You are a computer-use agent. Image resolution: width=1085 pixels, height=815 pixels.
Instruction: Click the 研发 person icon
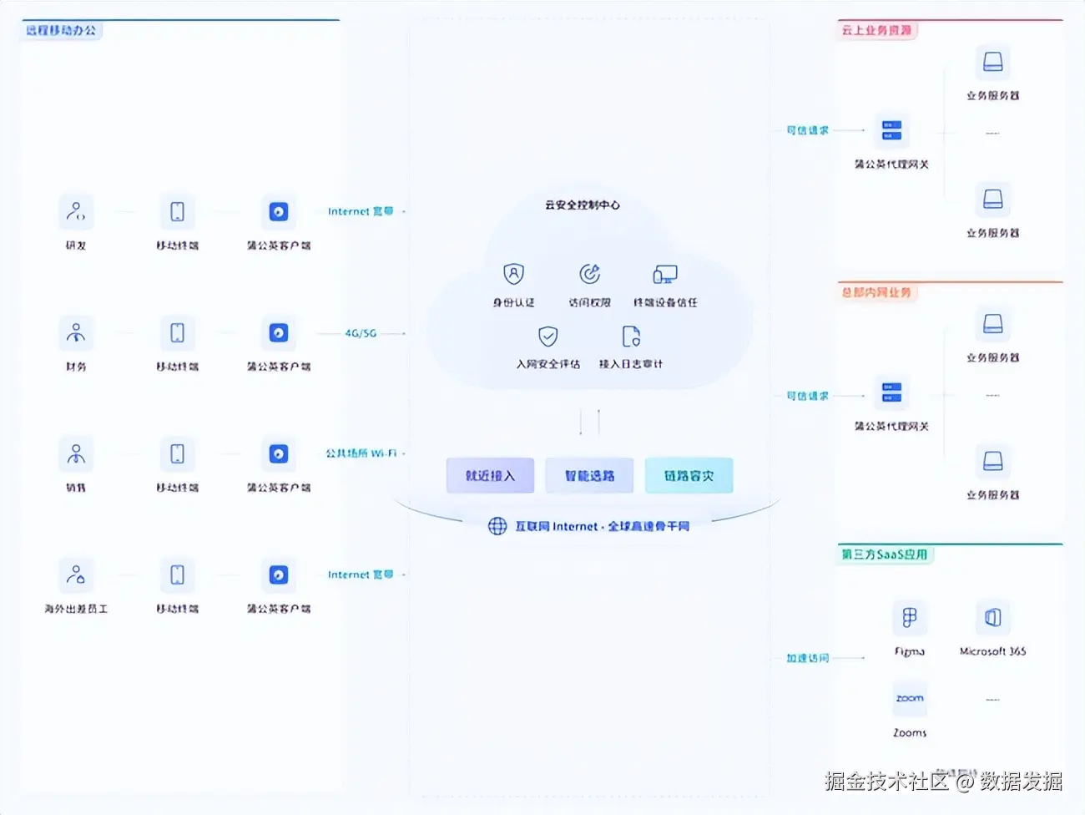76,212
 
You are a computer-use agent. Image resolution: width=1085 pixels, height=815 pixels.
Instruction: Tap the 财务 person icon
76,333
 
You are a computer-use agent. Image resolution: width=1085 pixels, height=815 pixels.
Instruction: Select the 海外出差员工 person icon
76,575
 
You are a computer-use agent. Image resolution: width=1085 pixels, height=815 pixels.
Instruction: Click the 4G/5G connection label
361,333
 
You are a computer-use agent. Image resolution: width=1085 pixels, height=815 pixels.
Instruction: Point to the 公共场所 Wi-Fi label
361,453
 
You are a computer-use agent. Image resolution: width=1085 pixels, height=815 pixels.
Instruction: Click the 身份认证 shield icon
513,274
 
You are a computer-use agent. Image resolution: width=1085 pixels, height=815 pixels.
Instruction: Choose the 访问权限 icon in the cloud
590,274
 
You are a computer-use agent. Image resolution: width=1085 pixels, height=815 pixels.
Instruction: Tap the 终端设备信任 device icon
665,274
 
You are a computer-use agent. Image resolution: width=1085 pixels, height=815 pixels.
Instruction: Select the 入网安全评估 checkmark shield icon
548,337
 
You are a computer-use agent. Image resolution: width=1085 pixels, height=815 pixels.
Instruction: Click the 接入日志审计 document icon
631,337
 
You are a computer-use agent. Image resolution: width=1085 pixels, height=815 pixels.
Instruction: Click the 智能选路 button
589,476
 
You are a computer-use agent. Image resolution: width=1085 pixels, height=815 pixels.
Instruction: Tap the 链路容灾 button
689,476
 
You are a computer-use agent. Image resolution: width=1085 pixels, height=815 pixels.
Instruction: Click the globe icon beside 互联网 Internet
497,526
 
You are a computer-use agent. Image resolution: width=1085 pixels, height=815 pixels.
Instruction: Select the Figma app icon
909,618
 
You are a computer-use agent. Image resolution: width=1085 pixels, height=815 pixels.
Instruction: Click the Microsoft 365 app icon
992,618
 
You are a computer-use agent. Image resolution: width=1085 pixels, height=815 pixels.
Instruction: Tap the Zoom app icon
910,699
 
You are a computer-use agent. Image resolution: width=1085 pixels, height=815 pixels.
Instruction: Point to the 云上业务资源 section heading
876,30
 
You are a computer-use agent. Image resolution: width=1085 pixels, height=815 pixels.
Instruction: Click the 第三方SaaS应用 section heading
884,554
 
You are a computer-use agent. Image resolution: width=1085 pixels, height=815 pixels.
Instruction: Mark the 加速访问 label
807,658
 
